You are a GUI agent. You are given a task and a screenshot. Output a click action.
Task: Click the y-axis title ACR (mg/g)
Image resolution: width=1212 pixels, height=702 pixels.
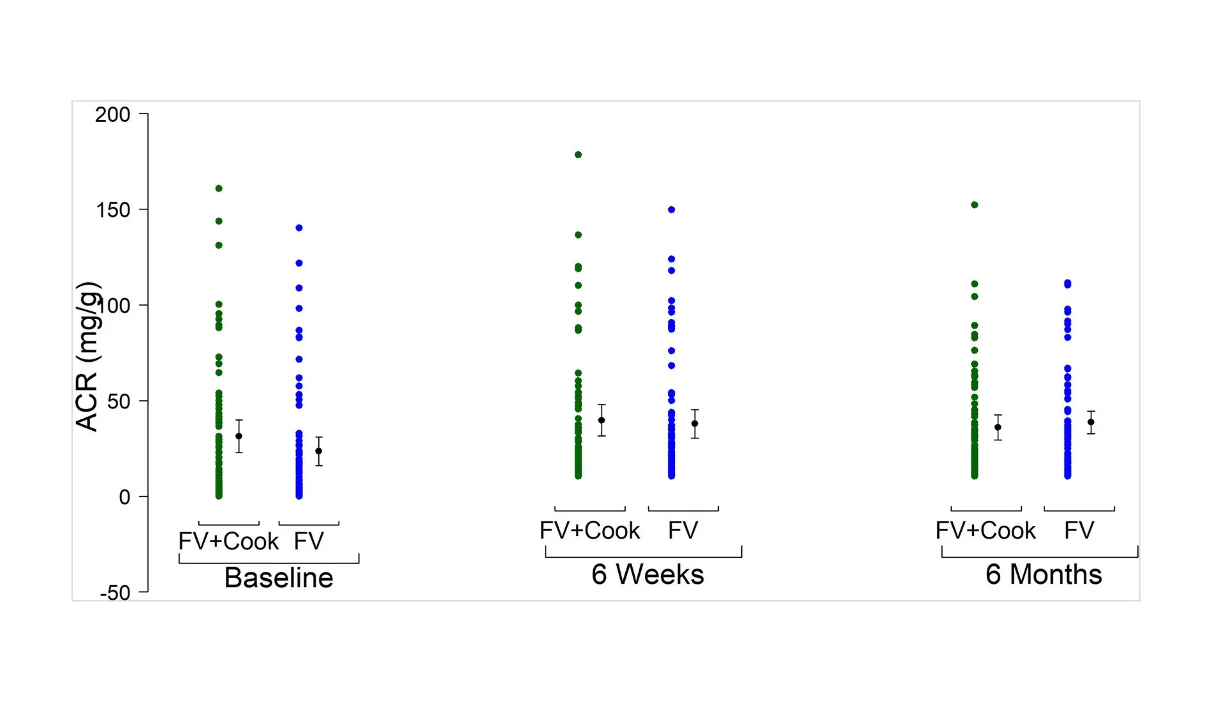(x=88, y=356)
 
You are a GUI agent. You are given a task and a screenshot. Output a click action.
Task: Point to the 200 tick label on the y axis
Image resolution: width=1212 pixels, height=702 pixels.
(x=112, y=115)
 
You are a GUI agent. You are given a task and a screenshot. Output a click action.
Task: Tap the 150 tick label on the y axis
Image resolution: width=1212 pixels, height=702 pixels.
(x=112, y=210)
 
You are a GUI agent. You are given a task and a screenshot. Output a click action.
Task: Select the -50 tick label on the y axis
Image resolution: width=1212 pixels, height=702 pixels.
(x=115, y=593)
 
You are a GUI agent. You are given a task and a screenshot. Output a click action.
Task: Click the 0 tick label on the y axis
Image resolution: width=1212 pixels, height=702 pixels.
(x=124, y=497)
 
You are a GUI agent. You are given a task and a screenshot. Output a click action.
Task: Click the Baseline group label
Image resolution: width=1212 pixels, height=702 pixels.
(x=279, y=578)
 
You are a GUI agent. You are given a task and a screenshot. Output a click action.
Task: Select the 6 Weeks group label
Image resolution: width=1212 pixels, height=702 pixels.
(x=647, y=574)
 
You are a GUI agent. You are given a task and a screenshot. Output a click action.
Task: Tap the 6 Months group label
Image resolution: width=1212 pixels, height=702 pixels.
(x=1044, y=574)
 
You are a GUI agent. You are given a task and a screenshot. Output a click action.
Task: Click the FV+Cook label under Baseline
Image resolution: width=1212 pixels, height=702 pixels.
(x=228, y=541)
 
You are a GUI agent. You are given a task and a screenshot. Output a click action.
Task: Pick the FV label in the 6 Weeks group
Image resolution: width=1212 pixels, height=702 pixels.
(x=683, y=530)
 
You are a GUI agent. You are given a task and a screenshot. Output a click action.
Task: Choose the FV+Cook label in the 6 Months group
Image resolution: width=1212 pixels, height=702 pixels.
(x=986, y=530)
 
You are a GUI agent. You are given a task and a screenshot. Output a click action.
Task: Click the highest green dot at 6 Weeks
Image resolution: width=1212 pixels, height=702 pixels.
(x=579, y=154)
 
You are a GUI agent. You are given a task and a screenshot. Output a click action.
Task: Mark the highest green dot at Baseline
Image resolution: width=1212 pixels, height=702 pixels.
(x=219, y=188)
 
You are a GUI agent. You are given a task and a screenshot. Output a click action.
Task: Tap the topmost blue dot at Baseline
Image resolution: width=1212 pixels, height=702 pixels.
(x=299, y=228)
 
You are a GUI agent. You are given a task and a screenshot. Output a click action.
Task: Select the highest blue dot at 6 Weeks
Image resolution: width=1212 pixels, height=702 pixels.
(x=672, y=209)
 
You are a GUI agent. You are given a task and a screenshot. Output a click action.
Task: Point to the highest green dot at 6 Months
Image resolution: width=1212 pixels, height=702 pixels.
(x=975, y=205)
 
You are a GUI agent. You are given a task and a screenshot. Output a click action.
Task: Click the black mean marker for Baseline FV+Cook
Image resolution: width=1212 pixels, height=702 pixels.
(x=239, y=437)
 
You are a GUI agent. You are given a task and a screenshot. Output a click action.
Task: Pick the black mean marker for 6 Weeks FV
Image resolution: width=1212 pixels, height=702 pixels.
(x=695, y=424)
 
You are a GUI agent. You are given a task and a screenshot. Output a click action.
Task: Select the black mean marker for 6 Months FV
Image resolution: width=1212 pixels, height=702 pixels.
(x=1091, y=422)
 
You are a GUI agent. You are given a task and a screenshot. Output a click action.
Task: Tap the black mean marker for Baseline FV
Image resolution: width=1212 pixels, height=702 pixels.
(x=319, y=451)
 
